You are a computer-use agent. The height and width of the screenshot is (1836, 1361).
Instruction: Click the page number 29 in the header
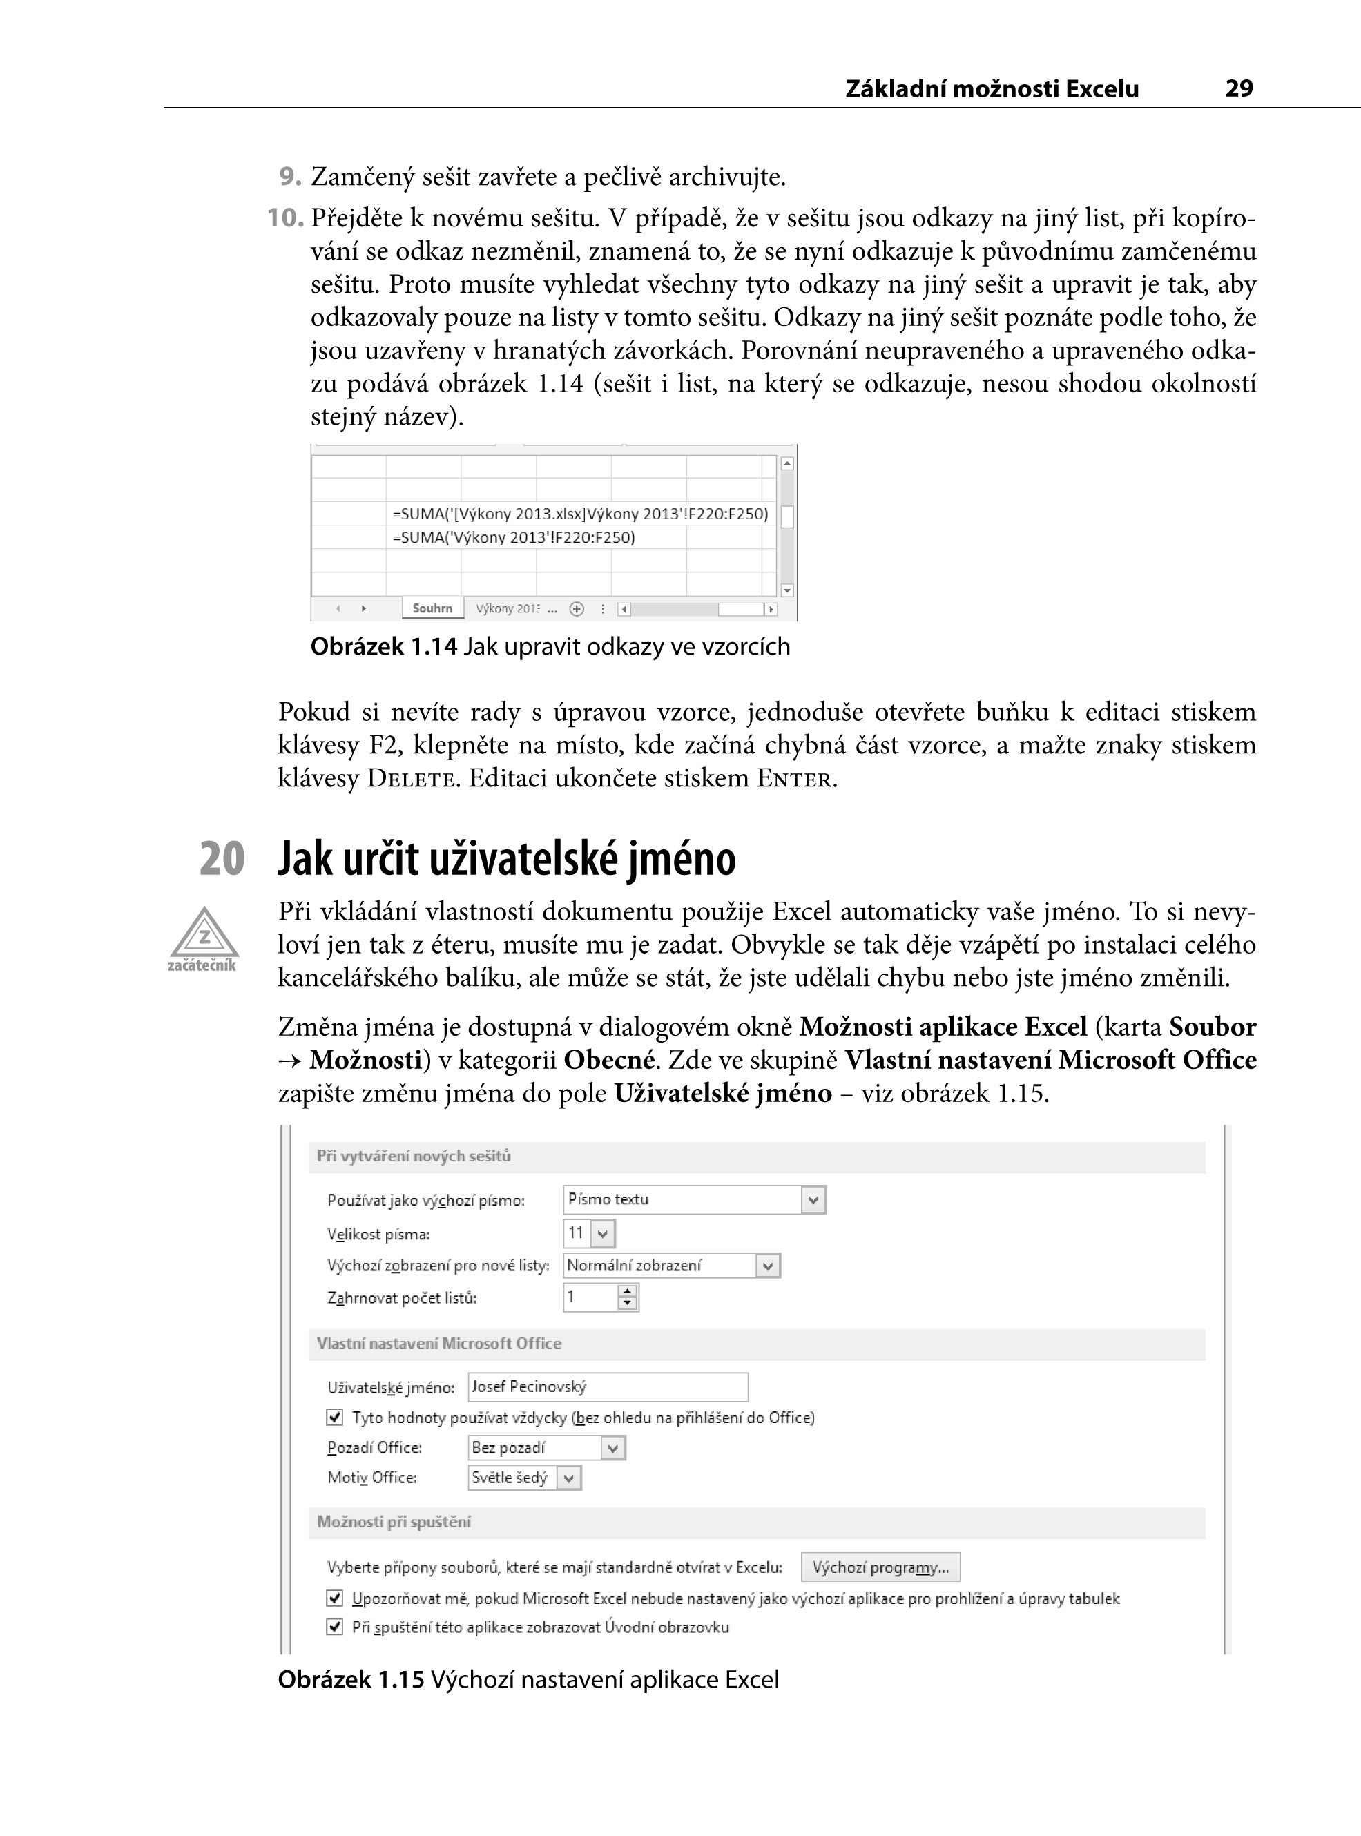(1238, 88)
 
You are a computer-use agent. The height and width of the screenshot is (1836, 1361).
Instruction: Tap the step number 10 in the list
(285, 218)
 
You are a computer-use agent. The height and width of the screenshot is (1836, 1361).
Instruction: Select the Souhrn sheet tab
(432, 609)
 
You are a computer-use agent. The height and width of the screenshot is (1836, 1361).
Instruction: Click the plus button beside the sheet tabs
(577, 610)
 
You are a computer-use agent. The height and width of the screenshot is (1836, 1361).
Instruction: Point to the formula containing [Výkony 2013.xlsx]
(580, 514)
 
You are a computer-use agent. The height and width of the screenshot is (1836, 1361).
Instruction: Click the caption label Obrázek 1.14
(383, 646)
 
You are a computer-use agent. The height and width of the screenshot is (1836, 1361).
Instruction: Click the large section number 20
(222, 858)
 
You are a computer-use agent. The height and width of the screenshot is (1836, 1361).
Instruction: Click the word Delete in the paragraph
(409, 778)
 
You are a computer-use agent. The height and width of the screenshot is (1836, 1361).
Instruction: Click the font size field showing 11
(577, 1233)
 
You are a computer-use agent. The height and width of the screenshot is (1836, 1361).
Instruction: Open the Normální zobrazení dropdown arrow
(768, 1266)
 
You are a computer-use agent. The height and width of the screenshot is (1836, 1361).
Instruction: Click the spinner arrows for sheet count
(628, 1298)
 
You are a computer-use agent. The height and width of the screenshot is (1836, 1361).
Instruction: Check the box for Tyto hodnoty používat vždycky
(334, 1418)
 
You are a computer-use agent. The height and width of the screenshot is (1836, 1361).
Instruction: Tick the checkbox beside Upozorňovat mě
(334, 1598)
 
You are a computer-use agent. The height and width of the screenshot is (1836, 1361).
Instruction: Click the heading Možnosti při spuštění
(394, 1523)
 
